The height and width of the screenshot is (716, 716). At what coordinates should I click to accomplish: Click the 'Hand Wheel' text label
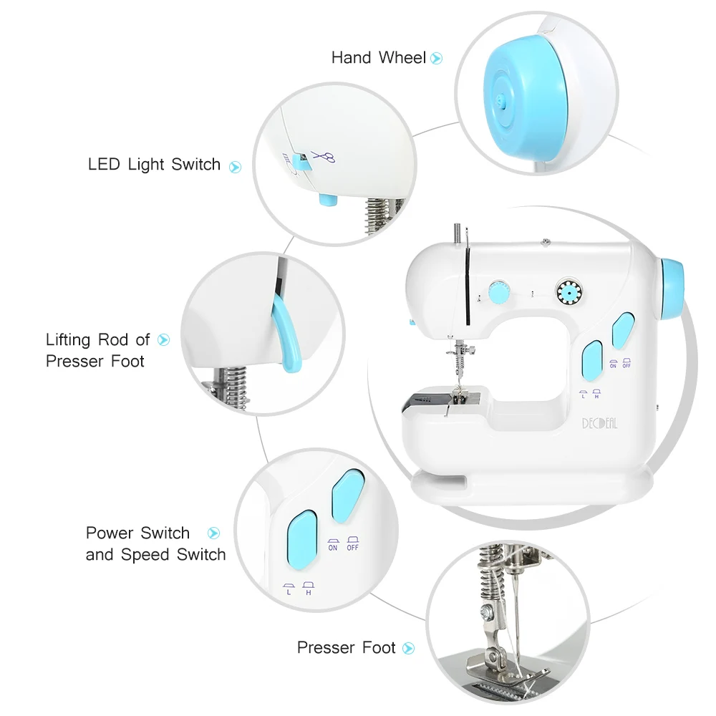point(378,58)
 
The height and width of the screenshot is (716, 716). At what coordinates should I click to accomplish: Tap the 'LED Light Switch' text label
point(154,165)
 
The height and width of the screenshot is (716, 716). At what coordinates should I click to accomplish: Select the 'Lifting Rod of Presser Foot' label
point(97,350)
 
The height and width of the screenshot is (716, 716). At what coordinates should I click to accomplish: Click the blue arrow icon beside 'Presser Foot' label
point(408,649)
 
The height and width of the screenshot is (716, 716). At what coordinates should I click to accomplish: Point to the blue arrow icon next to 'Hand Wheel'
point(437,59)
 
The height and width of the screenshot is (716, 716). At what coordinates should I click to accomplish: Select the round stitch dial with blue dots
point(570,292)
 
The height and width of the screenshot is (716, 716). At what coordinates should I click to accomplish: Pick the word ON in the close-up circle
point(333,548)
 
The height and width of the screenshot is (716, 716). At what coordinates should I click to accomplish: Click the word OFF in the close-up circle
point(352,548)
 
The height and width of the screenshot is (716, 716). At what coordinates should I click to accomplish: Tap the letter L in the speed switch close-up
point(289,593)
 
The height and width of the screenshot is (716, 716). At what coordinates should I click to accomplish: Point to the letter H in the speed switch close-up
point(309,593)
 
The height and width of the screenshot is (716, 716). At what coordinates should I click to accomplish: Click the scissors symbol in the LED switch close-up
point(324,157)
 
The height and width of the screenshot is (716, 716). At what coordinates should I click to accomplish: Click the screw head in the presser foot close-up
point(488,612)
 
